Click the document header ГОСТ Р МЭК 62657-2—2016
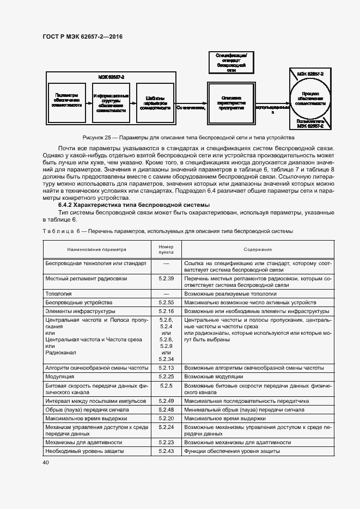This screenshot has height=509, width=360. point(82,37)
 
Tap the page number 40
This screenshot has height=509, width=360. point(45,463)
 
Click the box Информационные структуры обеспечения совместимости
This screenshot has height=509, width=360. point(111,102)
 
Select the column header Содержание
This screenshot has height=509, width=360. point(258,249)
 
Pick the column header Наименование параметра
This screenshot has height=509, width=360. point(96,249)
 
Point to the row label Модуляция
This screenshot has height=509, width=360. point(60,376)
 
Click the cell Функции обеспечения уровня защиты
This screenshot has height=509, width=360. point(232,451)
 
